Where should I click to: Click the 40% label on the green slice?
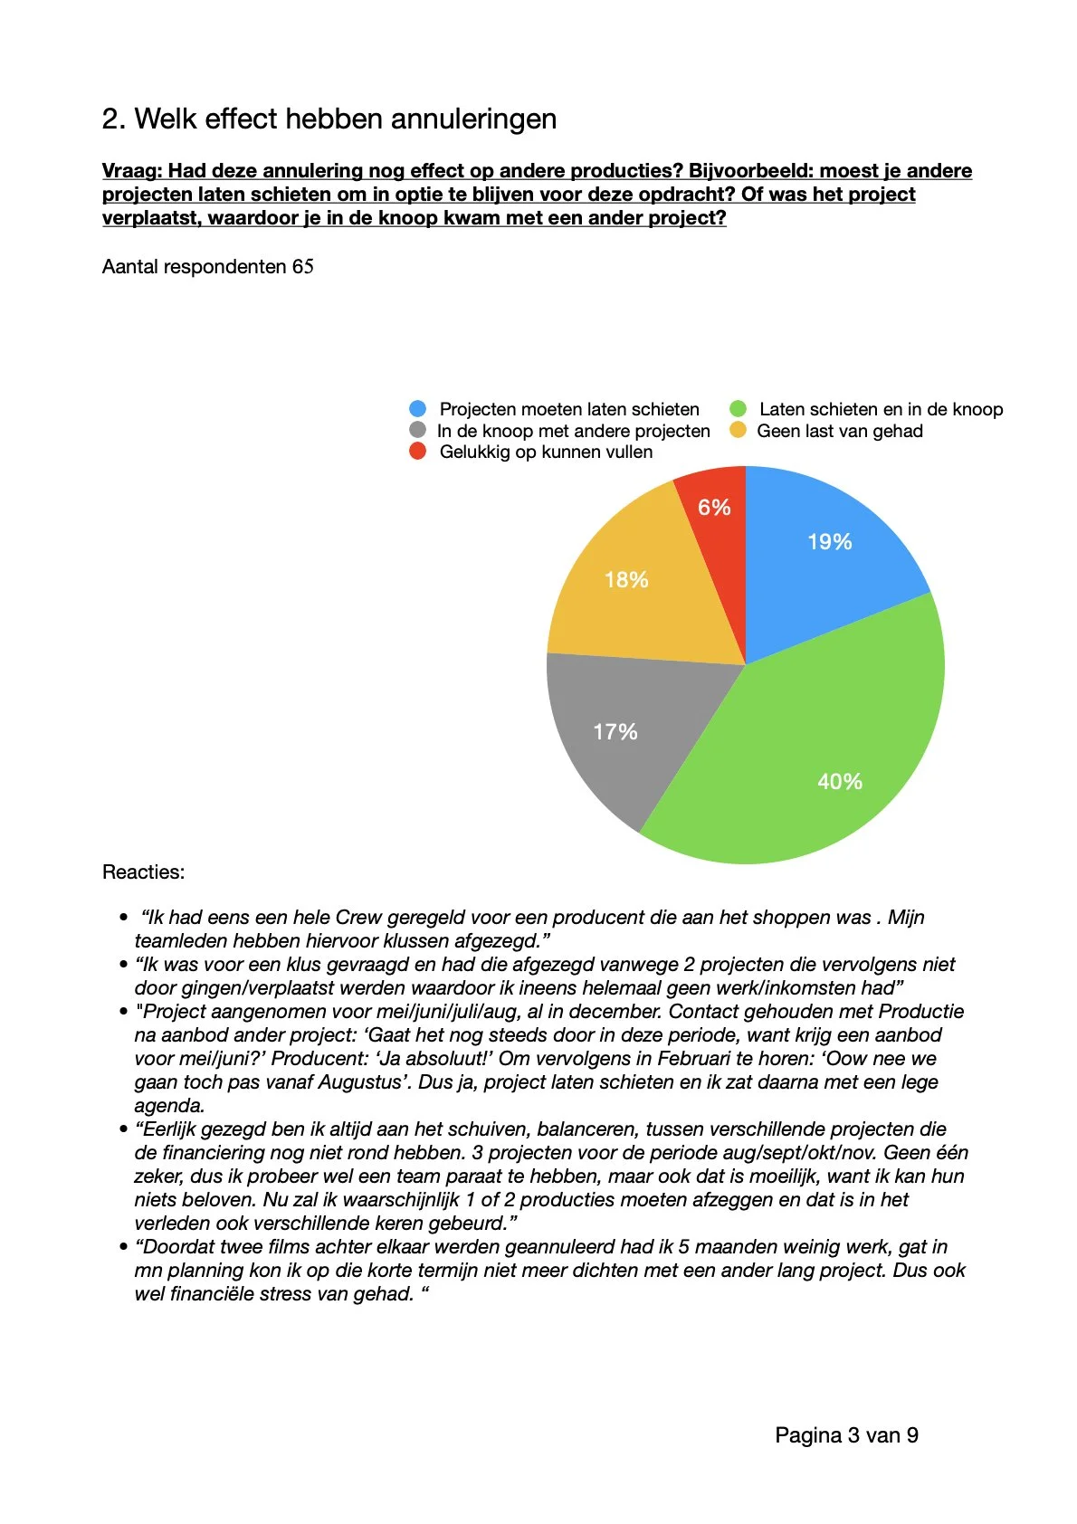pos(839,781)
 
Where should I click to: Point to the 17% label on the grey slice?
pos(615,731)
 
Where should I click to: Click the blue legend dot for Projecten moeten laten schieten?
pos(417,409)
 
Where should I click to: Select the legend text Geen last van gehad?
pos(839,431)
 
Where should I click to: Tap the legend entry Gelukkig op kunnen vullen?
pos(546,452)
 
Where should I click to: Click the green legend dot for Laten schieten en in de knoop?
pos(738,409)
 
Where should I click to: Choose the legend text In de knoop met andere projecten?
pos(573,431)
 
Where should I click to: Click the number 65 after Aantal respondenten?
pos(302,267)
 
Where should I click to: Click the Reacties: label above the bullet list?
pos(143,872)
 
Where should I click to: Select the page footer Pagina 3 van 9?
pos(846,1435)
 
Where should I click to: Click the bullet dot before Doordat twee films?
pos(124,1247)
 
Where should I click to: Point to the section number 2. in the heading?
pos(114,119)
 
